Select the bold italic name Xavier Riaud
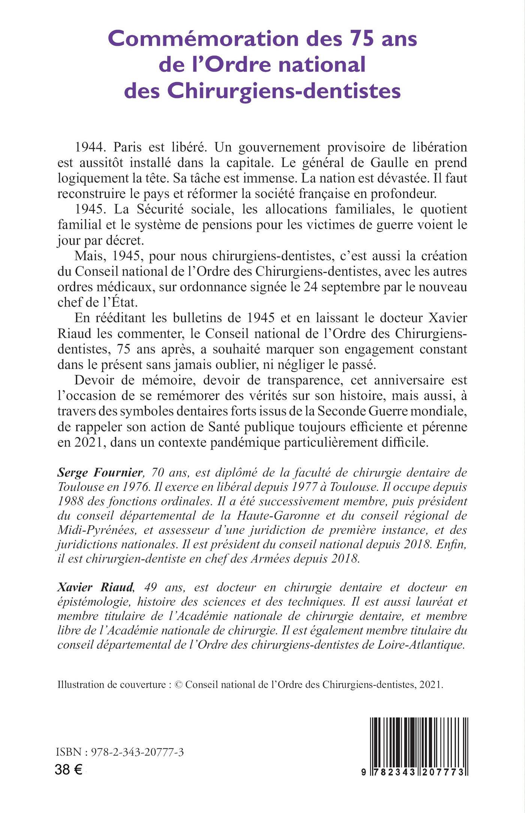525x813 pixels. tap(96, 587)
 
